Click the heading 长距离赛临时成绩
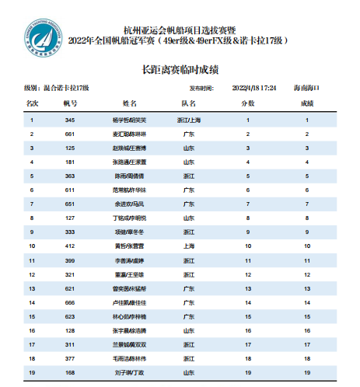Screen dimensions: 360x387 coord(180,69)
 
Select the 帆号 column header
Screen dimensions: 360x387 coord(70,103)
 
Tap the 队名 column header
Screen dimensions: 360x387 coord(188,103)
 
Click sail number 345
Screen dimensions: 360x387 coord(70,120)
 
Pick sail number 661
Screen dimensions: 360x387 coord(70,134)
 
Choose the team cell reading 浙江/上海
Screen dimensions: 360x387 coord(189,120)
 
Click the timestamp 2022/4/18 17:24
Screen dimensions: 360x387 coord(255,88)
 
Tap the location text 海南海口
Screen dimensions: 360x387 coord(309,88)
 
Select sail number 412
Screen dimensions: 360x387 coord(70,246)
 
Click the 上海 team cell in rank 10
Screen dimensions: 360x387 coord(188,246)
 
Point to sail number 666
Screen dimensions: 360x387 coord(70,302)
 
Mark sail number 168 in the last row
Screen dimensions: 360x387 coord(70,371)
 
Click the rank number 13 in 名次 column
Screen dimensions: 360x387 coord(32,288)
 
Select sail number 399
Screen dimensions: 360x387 coord(70,260)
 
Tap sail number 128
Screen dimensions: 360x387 coord(70,329)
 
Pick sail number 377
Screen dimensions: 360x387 coord(70,357)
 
